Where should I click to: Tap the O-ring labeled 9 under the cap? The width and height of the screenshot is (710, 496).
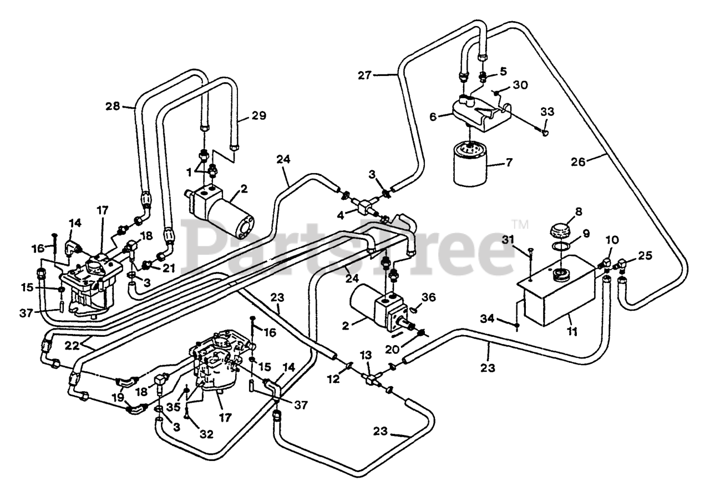555,245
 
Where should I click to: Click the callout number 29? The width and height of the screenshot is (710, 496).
258,116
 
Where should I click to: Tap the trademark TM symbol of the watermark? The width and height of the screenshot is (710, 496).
521,224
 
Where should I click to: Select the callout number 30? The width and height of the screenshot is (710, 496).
520,85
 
